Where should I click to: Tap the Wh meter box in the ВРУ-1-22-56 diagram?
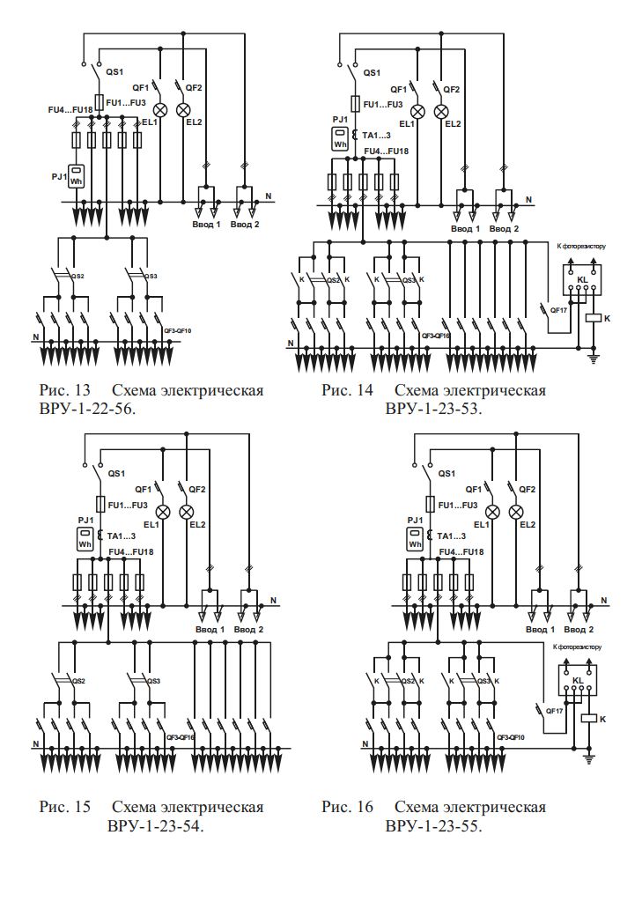[77, 176]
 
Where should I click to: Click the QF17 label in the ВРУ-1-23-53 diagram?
[557, 310]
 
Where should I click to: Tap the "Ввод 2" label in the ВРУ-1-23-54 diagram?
[249, 630]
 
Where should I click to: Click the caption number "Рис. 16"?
[346, 808]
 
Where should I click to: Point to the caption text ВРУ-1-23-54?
[155, 827]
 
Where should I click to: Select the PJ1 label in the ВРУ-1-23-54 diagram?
[85, 520]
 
